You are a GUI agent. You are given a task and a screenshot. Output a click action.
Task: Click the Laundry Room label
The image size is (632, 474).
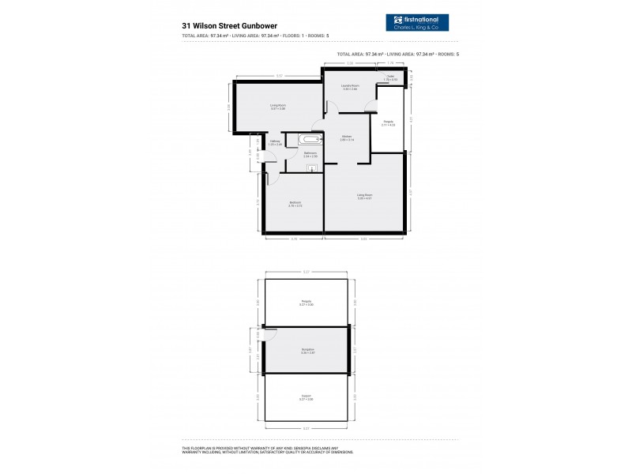pos(350,87)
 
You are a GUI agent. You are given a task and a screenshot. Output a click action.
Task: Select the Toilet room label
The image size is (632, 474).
pos(389,78)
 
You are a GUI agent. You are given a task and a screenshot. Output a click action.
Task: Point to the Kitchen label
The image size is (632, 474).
pos(347,138)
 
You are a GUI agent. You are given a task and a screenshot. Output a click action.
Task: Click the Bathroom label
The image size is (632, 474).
pos(310,154)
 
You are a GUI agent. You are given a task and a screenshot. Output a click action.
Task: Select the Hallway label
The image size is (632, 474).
pos(274,143)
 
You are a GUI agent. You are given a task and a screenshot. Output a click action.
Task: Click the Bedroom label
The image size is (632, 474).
pos(295,204)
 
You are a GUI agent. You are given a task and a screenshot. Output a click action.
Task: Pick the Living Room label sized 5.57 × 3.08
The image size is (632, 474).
pos(277,107)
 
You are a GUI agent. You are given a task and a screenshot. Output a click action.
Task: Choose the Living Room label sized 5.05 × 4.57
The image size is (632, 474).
pos(364,196)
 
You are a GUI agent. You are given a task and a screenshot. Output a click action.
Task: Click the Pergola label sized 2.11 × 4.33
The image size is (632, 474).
pos(388,123)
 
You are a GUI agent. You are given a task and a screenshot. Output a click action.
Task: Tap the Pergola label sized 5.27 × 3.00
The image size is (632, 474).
pos(306,303)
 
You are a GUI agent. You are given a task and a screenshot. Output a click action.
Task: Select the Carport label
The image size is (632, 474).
pos(306,397)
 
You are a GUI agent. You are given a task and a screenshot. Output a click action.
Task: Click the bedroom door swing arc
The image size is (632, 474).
pos(271,179)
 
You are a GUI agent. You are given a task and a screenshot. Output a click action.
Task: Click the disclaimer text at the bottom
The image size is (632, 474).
pos(267,450)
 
